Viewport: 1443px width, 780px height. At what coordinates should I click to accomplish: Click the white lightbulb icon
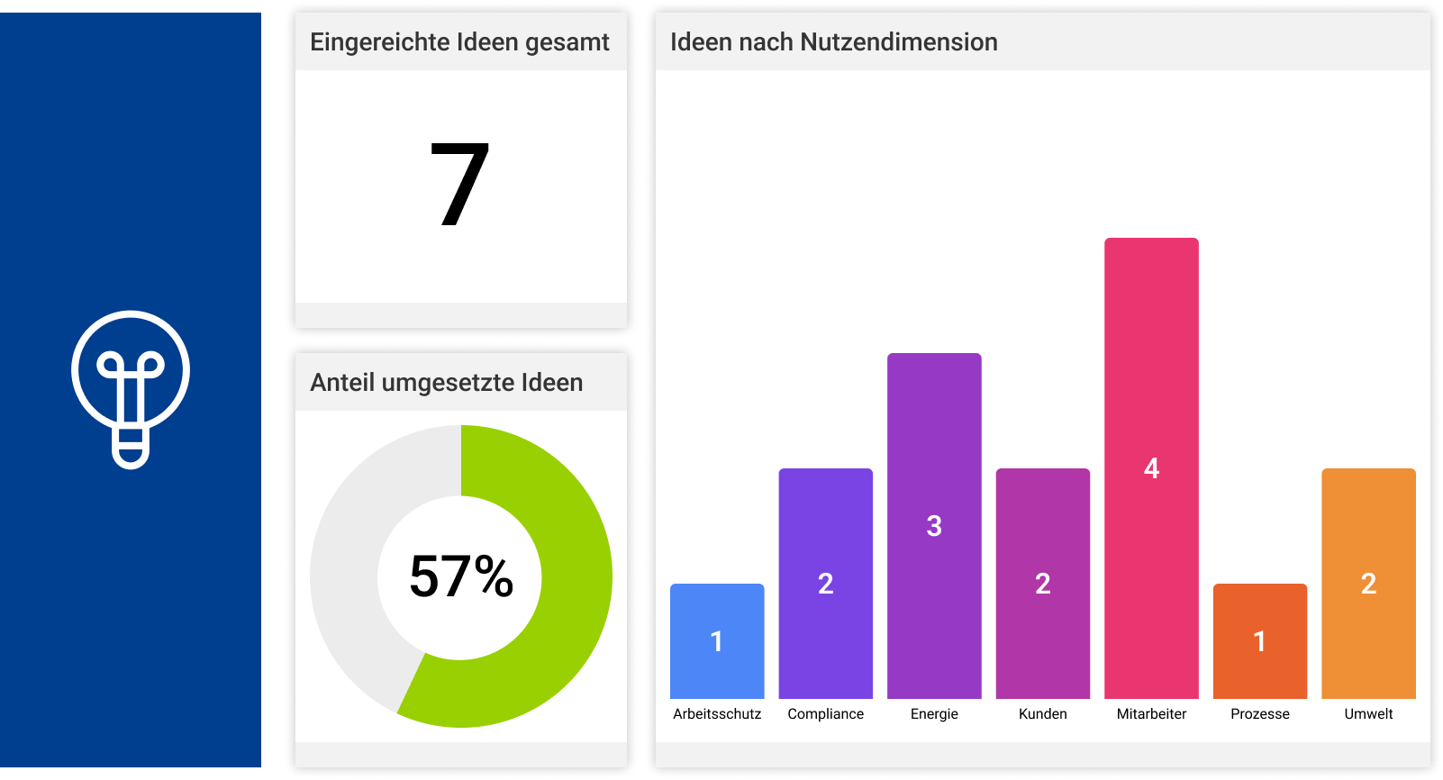[131, 389]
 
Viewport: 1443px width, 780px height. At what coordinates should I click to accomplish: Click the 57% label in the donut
[460, 576]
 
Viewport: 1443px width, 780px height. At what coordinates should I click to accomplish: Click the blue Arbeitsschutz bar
[717, 667]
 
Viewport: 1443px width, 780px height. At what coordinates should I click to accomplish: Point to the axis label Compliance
[825, 713]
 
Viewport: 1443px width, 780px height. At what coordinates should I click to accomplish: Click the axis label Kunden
[1042, 713]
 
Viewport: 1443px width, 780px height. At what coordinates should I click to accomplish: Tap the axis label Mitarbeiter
[1151, 713]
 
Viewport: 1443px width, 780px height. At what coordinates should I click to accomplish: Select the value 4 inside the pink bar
[1151, 468]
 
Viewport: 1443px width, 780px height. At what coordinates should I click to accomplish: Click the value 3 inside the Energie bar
[934, 526]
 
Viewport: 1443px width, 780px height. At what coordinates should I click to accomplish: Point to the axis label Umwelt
[1368, 713]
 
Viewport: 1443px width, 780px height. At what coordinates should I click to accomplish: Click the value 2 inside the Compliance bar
[825, 584]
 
